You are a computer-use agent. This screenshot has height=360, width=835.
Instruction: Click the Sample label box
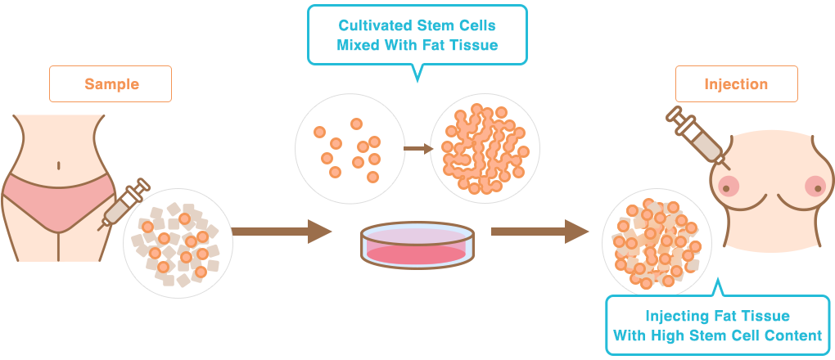[111, 83]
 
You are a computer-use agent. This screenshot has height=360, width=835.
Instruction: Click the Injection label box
[735, 83]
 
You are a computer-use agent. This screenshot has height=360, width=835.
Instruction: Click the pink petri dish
[417, 245]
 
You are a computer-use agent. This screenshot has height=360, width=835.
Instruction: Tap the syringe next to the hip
[122, 204]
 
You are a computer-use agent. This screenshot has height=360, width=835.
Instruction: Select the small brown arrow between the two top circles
[417, 149]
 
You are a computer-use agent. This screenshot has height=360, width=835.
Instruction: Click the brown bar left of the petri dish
[283, 232]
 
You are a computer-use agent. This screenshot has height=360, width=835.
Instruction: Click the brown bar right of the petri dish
[539, 232]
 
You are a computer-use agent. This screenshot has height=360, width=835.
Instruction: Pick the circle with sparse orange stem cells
[346, 148]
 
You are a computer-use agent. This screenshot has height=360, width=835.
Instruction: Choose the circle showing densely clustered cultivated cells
[484, 148]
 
